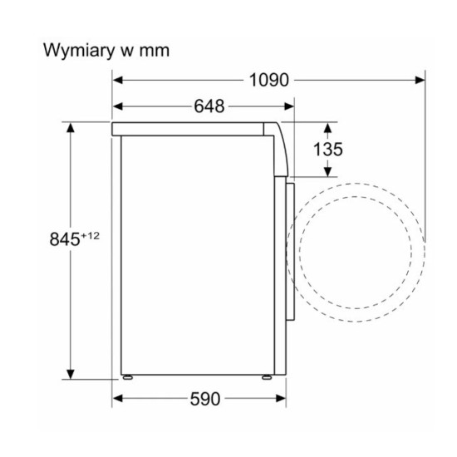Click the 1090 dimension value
coord(268,81)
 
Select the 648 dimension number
coord(210,107)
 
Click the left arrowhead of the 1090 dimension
coord(119,81)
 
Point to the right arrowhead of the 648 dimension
coord(290,107)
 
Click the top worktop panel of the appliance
coord(195,129)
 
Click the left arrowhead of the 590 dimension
coord(118,400)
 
